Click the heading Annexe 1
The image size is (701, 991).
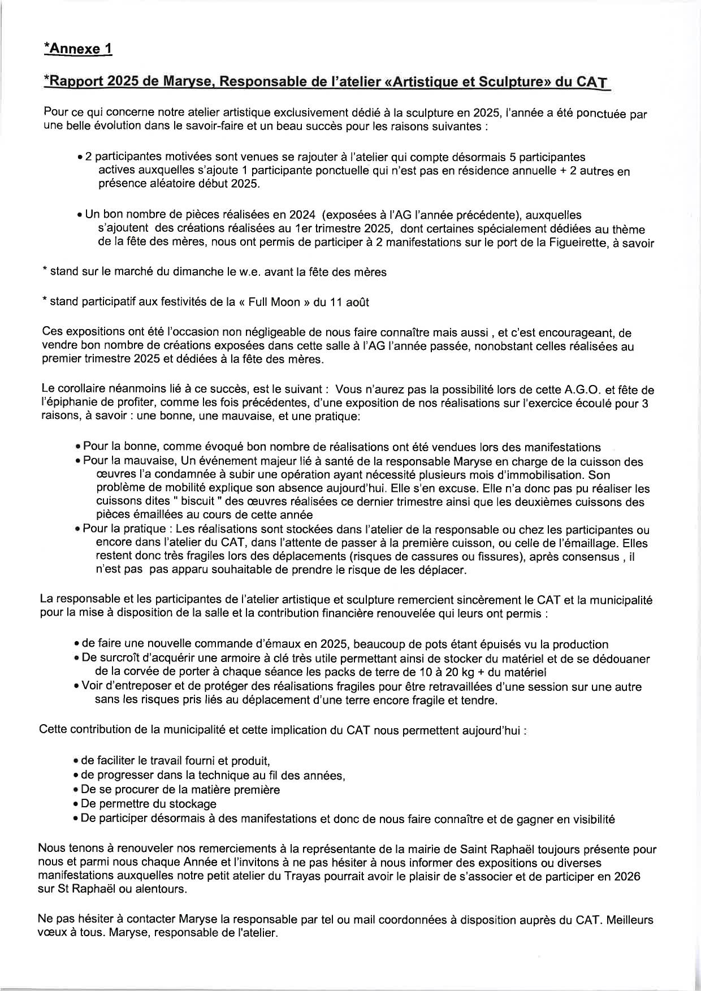click(x=79, y=49)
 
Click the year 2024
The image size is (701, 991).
click(x=302, y=215)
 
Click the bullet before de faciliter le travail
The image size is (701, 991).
click(x=76, y=761)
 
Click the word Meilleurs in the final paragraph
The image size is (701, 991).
click(x=631, y=920)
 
